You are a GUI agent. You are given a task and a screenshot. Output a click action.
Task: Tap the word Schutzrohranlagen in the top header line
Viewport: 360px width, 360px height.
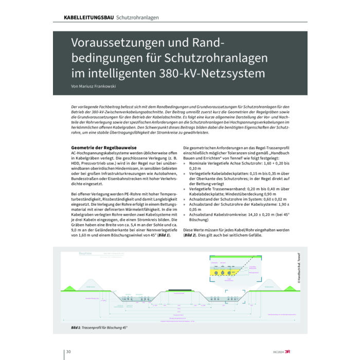click(137, 17)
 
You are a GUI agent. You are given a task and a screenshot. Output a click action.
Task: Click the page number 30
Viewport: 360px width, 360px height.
click(67, 351)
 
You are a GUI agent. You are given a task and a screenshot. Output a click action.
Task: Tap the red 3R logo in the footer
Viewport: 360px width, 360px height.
click(295, 352)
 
